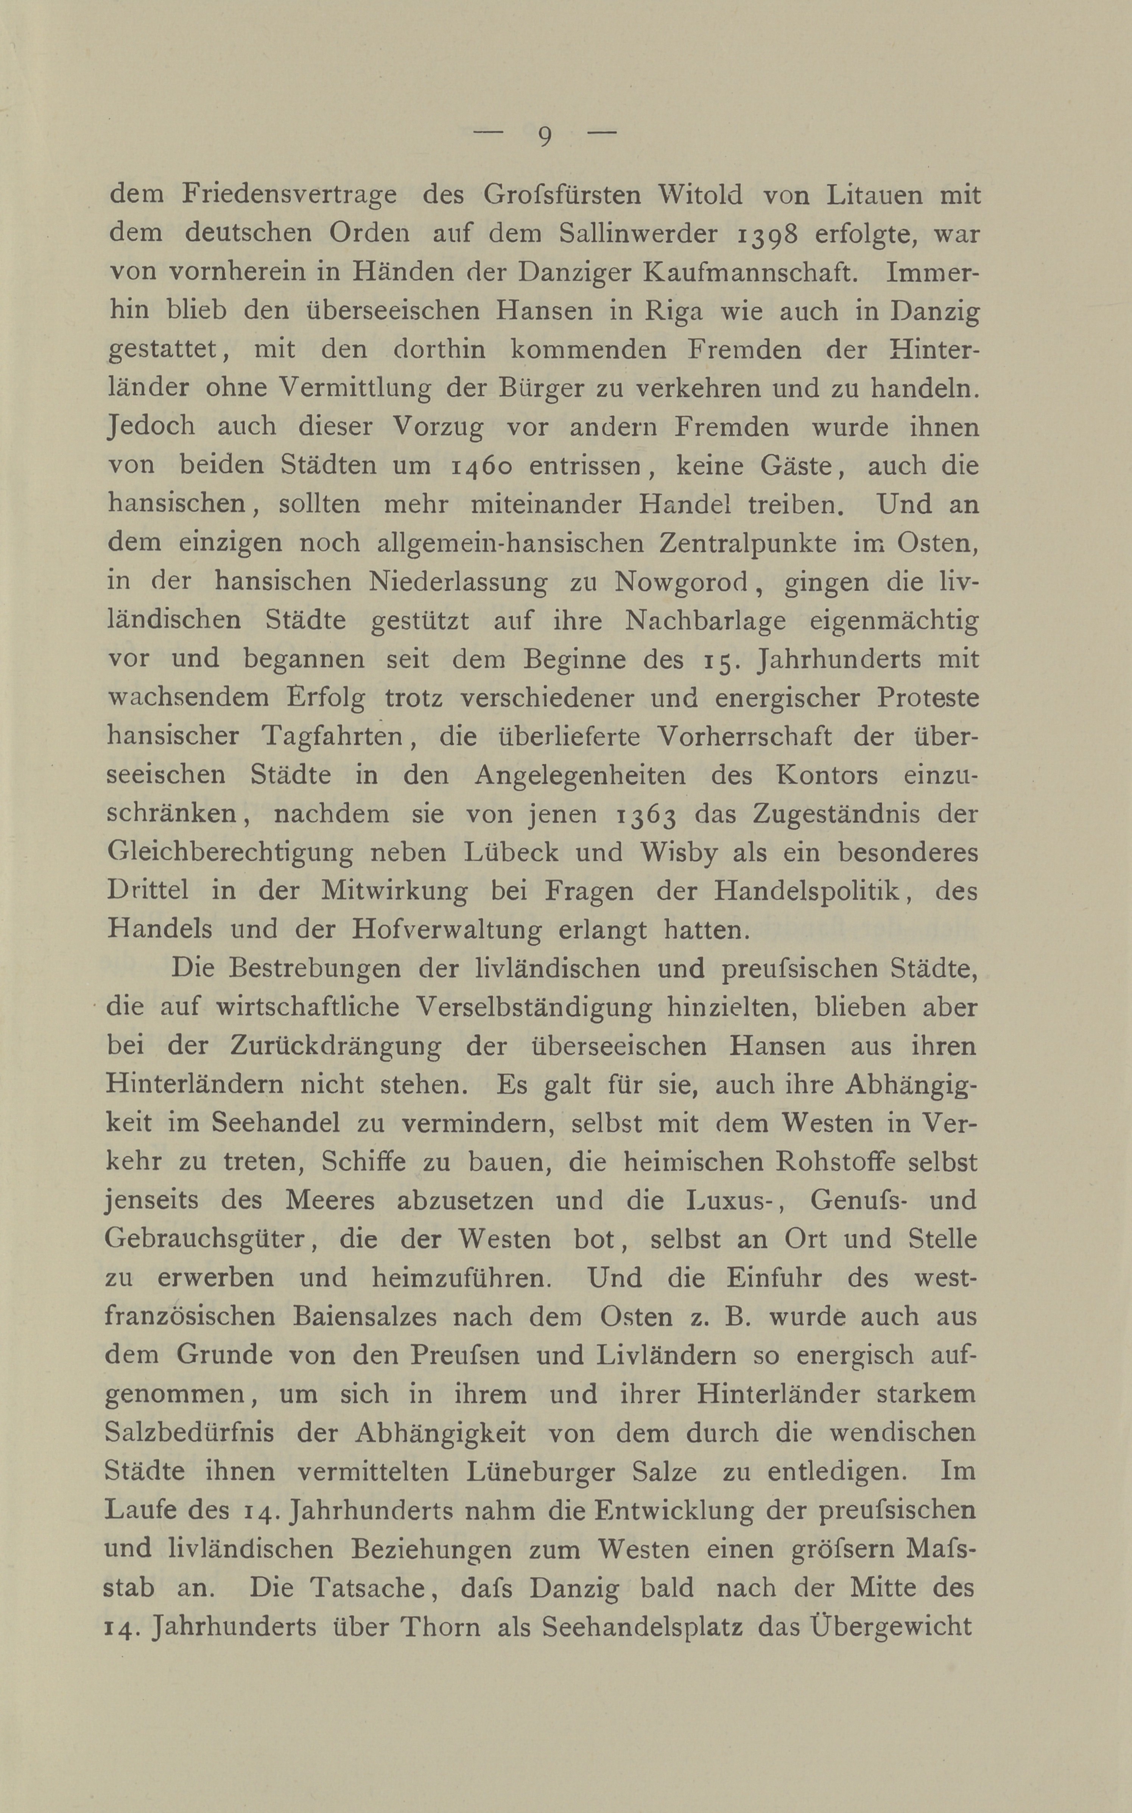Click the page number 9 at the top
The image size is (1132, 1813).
(x=544, y=136)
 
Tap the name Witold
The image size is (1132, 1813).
(x=700, y=195)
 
